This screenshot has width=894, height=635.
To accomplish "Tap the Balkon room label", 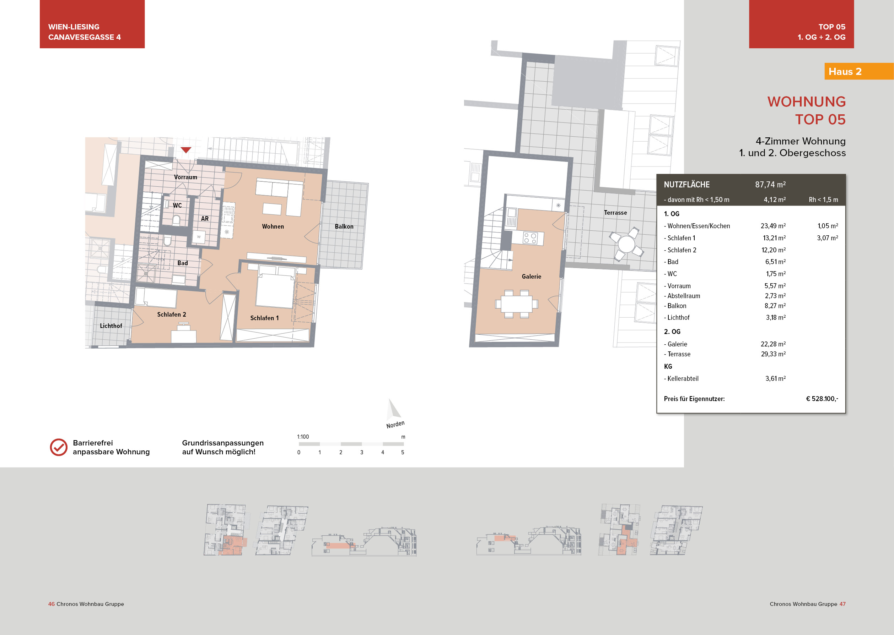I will [x=344, y=226].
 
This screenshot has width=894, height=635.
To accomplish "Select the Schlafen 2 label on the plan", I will [x=171, y=314].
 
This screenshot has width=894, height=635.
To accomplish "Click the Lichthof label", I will [x=111, y=326].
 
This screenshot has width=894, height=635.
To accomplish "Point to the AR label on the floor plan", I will [x=205, y=219].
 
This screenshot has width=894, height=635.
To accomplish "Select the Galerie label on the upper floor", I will [x=531, y=277].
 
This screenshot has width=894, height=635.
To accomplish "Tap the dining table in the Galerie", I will [x=516, y=304].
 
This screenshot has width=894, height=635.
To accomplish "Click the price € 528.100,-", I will [x=822, y=399].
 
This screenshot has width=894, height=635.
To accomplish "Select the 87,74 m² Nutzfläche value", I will [x=770, y=185].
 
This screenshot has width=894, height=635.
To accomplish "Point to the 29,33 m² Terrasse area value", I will [x=773, y=354].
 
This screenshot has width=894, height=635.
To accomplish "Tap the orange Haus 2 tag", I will [x=845, y=72].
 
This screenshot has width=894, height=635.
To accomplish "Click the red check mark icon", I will [x=59, y=447].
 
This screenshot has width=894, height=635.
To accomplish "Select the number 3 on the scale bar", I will [x=361, y=453].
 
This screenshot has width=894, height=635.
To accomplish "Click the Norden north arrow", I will [x=393, y=410].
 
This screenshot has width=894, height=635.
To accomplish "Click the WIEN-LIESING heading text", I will [x=74, y=27].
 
